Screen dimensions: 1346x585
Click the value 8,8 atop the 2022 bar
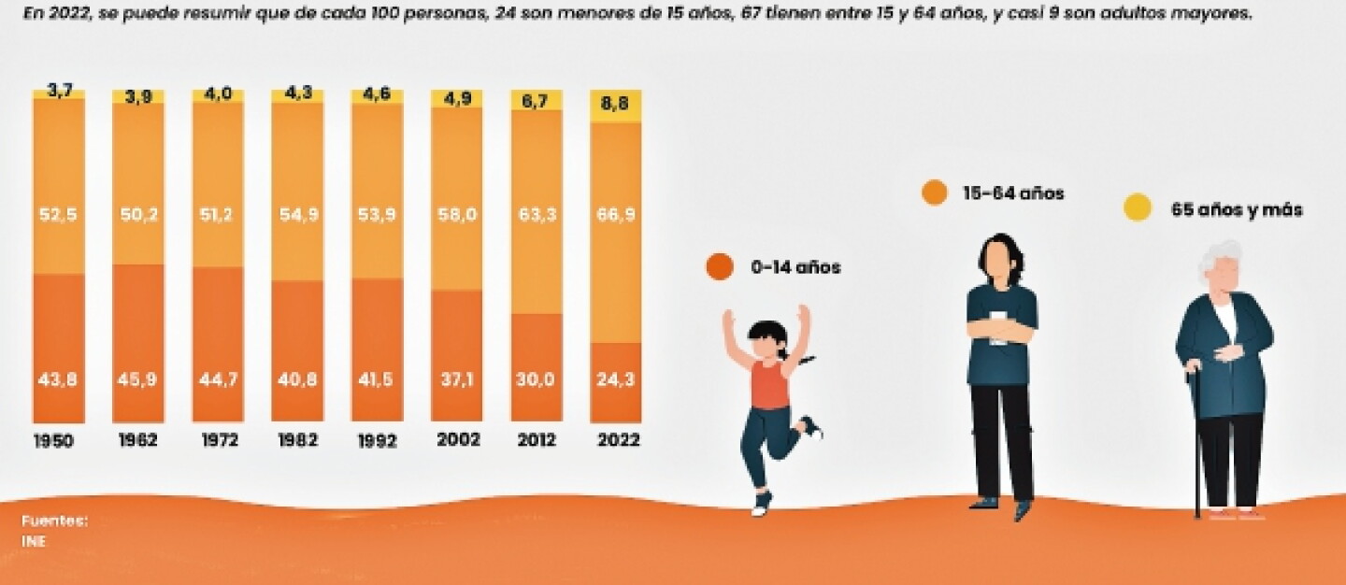coord(614,104)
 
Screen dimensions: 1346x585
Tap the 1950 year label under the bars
coord(53,441)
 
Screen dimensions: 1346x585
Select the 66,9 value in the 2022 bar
coord(616,214)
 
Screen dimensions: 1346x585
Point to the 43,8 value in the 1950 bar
coord(58,379)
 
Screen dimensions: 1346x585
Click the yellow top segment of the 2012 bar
coord(537,100)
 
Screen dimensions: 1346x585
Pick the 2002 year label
coord(458,439)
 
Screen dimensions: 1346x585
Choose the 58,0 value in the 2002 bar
coord(457,214)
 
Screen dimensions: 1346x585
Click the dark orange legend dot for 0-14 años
coord(720,266)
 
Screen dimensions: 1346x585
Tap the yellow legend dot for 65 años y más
coord(1138,207)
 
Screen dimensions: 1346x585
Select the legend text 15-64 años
coord(1013,193)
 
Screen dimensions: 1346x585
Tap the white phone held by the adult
coord(998,327)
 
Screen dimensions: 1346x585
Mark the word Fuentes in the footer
coord(54,521)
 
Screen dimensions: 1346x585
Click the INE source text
coord(34,541)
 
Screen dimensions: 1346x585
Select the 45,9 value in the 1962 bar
coord(137,379)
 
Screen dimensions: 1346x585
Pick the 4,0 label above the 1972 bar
coord(218,95)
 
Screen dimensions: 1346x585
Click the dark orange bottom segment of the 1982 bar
coord(297,350)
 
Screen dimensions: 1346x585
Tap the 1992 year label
coord(378,441)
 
